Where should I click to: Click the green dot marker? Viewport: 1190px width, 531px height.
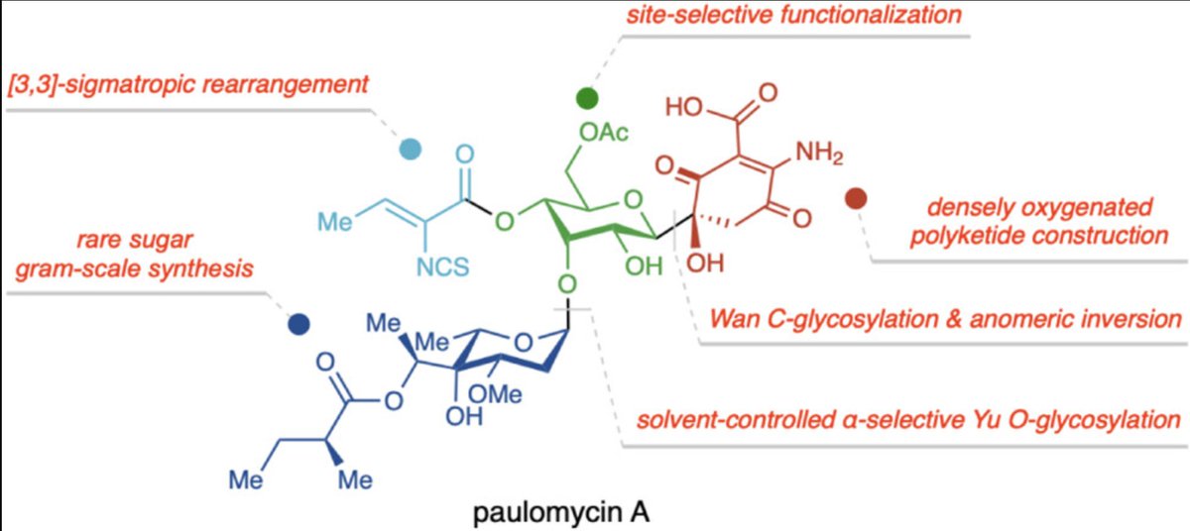(x=587, y=98)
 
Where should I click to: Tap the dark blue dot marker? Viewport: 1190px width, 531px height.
(x=297, y=323)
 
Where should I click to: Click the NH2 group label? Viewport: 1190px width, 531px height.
(x=820, y=153)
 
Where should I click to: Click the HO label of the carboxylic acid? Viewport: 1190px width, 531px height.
(x=685, y=107)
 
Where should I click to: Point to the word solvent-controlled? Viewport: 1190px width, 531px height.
(x=723, y=419)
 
